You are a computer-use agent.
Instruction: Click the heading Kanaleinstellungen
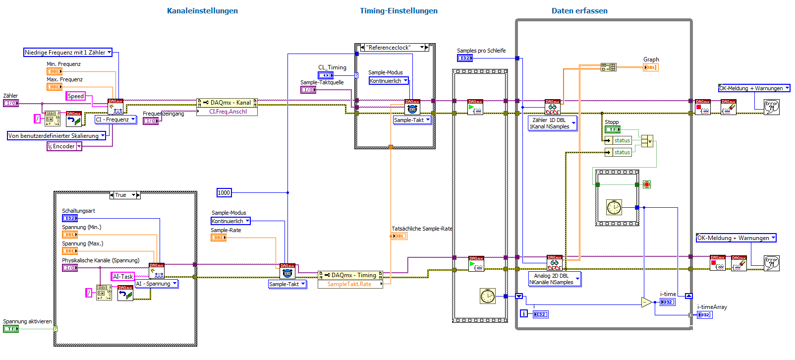202,11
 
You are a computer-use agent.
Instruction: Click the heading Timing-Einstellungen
398,11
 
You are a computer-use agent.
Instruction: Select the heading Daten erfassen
579,11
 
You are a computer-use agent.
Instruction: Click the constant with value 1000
224,193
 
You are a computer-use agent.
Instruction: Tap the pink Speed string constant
76,96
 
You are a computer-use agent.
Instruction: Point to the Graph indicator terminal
650,67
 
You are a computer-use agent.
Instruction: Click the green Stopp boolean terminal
613,129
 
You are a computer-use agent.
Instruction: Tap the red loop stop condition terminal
647,184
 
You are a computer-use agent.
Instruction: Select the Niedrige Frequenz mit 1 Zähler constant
68,52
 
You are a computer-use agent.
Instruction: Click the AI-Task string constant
123,277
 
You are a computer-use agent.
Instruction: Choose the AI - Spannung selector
157,284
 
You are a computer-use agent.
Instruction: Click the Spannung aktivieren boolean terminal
11,329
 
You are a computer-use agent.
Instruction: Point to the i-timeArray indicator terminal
704,315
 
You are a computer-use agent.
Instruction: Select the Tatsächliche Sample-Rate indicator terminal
399,236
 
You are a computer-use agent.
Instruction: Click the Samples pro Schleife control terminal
465,58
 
